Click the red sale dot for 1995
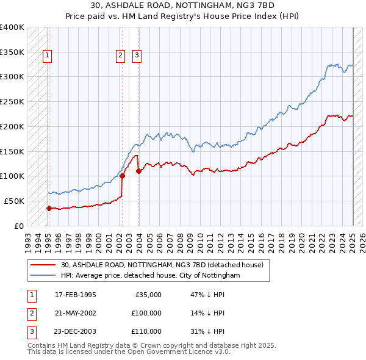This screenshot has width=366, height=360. pos(49,208)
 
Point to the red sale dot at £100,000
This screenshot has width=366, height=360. pos(122,176)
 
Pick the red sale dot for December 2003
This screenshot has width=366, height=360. pos(138,171)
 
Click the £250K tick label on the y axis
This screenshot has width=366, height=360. pos(12,101)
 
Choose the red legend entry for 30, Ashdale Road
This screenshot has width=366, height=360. pos(162,265)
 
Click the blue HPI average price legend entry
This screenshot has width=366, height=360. pos(150,276)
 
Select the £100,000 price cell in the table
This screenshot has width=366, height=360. pos(146,313)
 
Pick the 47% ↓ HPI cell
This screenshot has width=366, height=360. pos(207,295)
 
